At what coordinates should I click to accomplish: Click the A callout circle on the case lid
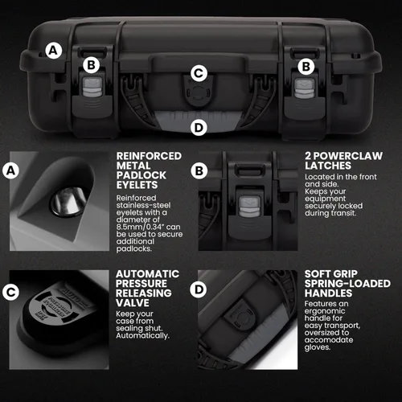click(x=54, y=51)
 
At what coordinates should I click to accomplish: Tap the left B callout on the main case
click(x=92, y=65)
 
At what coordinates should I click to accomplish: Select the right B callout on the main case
click(x=306, y=67)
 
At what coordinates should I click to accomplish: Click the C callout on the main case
click(x=199, y=73)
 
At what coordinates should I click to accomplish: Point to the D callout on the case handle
click(x=199, y=127)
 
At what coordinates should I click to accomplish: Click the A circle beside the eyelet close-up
click(x=10, y=170)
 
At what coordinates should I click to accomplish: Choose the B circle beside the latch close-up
click(x=199, y=170)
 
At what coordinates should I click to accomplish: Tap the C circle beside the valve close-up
click(x=10, y=292)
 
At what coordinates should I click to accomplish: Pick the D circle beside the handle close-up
click(x=199, y=289)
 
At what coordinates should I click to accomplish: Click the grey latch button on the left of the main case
click(x=92, y=87)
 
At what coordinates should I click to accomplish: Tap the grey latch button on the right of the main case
click(x=304, y=88)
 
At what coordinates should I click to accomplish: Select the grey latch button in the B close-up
click(x=249, y=207)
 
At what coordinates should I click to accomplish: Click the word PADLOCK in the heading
click(x=142, y=175)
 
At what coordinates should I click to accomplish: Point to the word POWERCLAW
click(x=348, y=156)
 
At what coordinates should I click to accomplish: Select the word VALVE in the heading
click(x=133, y=303)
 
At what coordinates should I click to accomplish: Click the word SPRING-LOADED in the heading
click(x=347, y=284)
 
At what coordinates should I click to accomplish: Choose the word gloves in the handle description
click(x=318, y=347)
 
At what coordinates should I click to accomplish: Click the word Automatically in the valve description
click(x=142, y=336)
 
